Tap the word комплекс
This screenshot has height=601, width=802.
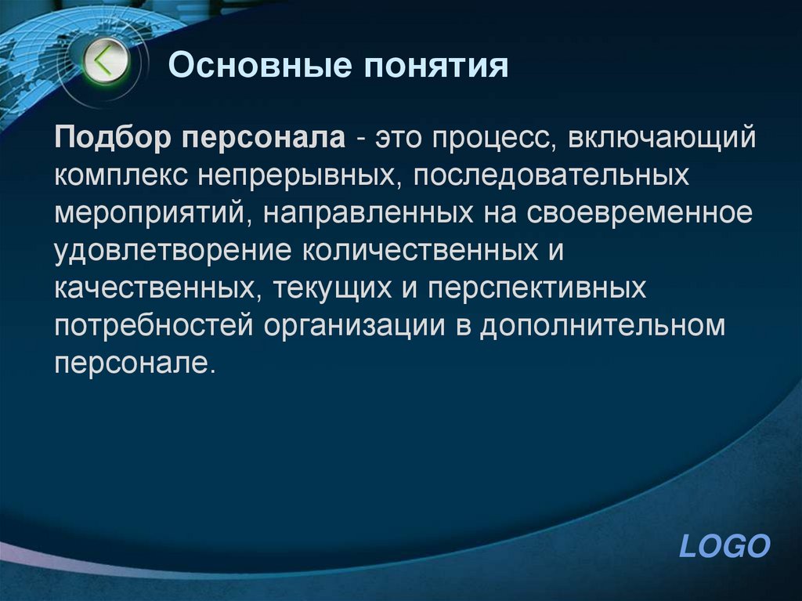pos(121,176)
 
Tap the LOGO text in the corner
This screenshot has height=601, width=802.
pos(724,546)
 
